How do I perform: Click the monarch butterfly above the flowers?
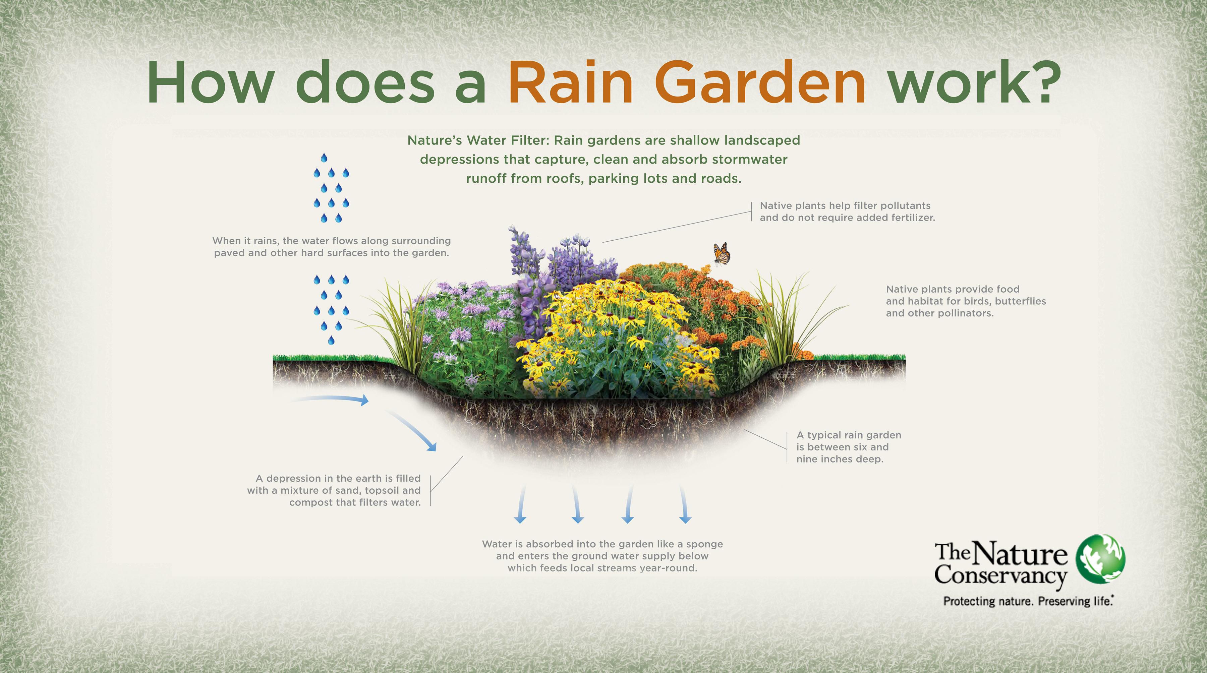722,254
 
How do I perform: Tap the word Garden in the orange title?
759,82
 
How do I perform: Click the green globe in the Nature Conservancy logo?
1100,559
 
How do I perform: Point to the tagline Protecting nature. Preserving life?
1028,601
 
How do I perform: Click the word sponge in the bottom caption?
704,544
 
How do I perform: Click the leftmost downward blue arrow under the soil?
521,505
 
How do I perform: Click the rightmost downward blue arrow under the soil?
684,505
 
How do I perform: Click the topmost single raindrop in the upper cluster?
324,158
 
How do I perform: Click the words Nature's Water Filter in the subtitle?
478,140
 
